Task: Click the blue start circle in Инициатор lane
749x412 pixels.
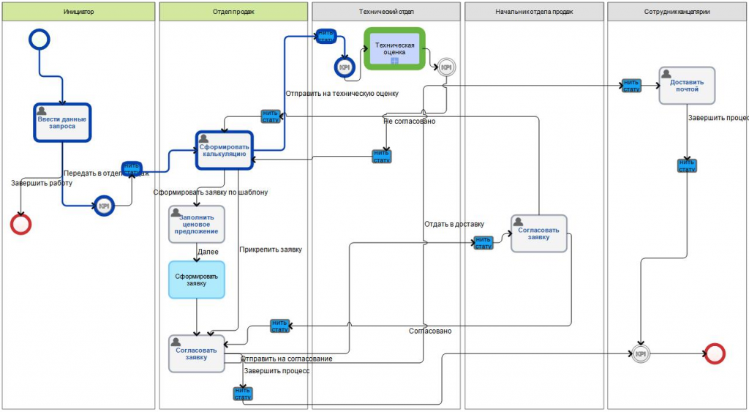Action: tap(38, 39)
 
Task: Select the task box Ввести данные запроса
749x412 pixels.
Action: tap(61, 122)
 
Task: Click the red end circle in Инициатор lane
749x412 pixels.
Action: tap(21, 223)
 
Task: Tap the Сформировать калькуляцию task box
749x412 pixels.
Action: tap(224, 150)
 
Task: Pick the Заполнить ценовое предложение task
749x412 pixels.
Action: tap(196, 224)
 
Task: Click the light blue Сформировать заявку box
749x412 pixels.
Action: tap(196, 280)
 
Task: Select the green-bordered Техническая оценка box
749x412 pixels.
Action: tap(394, 49)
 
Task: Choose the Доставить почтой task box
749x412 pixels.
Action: tap(686, 85)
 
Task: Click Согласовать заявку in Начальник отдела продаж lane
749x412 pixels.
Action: tap(538, 233)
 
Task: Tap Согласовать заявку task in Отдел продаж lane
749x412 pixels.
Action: tap(196, 353)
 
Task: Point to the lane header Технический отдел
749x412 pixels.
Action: tap(385, 12)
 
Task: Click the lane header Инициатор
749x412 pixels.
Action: tap(78, 12)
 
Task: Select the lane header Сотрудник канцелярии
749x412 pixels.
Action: tap(677, 12)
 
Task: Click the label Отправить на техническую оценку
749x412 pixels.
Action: tap(342, 94)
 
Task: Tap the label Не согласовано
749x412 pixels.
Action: tap(410, 121)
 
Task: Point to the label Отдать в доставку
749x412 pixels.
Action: tap(453, 224)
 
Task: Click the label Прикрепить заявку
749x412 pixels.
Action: tap(270, 250)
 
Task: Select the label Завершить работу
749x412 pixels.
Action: tap(37, 183)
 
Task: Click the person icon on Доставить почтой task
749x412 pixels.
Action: tap(666, 73)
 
